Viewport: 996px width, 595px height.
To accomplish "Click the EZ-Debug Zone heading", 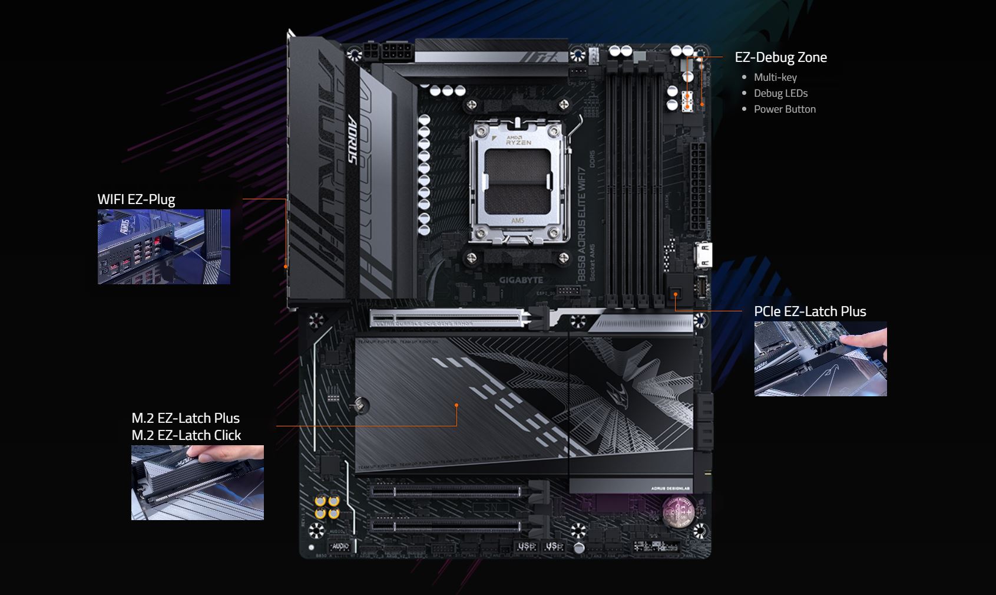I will [x=780, y=57].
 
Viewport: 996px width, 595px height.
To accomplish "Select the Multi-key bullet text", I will [x=775, y=77].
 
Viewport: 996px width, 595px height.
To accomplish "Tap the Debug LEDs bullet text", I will [x=780, y=93].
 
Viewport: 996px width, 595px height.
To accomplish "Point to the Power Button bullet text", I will [x=785, y=109].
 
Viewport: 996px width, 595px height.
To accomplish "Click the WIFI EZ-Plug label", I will [x=136, y=199].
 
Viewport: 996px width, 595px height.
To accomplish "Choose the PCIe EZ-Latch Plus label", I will [x=810, y=311].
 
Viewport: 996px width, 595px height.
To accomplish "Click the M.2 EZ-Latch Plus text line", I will [x=186, y=418].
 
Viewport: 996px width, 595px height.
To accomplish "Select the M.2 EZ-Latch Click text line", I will [x=186, y=435].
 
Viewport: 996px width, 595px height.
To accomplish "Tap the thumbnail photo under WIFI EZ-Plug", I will [x=164, y=246].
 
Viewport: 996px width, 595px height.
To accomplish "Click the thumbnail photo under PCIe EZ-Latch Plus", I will [x=820, y=359].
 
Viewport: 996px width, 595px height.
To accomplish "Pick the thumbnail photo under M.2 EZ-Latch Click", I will [x=197, y=482].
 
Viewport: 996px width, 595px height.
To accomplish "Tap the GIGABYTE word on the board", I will [x=521, y=280].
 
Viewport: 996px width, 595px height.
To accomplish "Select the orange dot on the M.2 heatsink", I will [x=456, y=405].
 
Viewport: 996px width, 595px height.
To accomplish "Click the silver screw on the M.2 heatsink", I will [x=361, y=405].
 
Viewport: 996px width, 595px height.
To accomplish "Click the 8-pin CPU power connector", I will [x=388, y=52].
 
